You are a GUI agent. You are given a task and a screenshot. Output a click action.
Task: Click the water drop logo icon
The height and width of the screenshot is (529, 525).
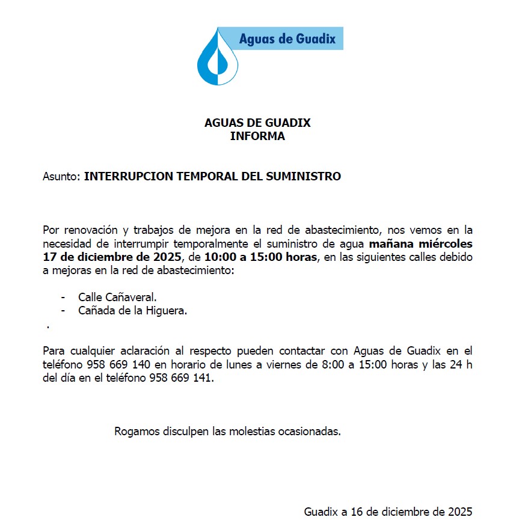point(217,58)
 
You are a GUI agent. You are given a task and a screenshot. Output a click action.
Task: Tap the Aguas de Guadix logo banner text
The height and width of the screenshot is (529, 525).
point(287,39)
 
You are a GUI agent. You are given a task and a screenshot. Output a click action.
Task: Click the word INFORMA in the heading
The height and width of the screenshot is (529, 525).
point(257,136)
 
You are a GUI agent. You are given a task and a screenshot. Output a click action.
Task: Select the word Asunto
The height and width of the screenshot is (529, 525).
point(61,177)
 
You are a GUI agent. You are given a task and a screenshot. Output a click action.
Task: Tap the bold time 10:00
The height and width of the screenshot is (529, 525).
point(218,258)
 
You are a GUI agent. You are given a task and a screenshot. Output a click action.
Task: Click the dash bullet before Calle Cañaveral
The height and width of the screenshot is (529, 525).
point(63,298)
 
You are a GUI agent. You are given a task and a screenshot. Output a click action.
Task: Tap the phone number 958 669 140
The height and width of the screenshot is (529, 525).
point(118,365)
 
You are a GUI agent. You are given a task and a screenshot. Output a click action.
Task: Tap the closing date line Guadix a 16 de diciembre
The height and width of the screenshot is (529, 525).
point(388,512)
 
